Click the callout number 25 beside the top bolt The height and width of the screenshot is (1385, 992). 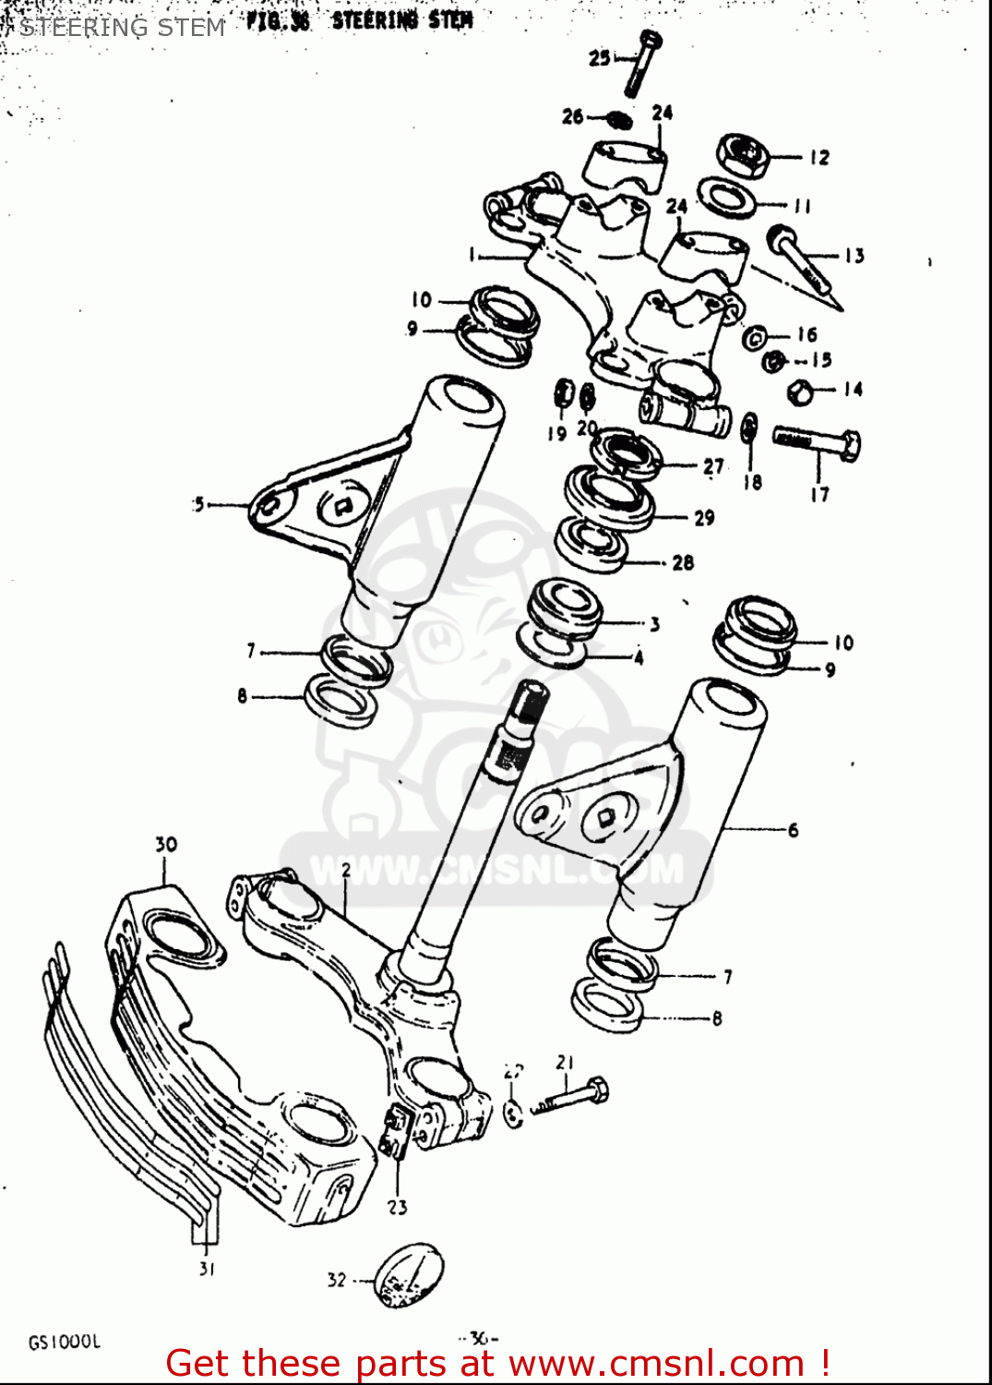pos(599,58)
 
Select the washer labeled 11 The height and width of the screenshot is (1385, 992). pos(726,197)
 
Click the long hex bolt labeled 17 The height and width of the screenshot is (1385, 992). pos(817,442)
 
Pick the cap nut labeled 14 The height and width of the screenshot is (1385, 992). pos(799,391)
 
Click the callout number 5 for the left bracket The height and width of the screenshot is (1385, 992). pos(198,504)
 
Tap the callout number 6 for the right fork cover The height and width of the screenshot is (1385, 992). pos(793,830)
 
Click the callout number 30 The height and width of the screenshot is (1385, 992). pos(165,844)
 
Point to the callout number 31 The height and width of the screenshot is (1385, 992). pos(207,1269)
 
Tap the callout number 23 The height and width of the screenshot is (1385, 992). pos(397,1207)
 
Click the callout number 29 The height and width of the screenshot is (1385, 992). pos(704,518)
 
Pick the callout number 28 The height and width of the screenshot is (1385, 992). pos(683,562)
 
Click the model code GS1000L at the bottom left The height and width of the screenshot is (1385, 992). pos(64,1342)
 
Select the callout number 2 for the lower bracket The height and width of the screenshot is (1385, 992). pos(346,870)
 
